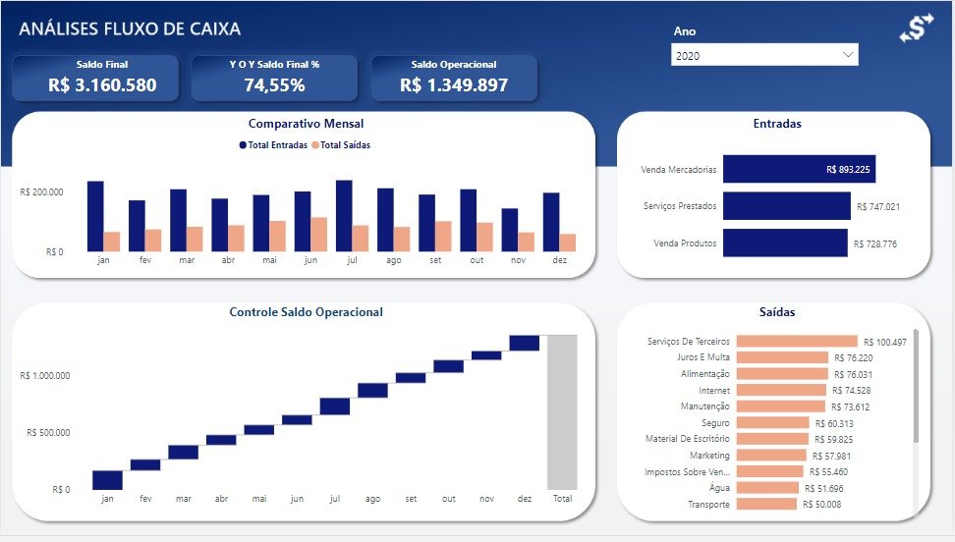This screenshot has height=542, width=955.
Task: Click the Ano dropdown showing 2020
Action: pos(764,56)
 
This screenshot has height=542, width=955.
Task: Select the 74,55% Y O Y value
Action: pos(274,85)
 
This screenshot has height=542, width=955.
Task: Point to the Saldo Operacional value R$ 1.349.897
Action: pos(454,85)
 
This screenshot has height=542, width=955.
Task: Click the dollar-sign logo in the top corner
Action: pos(915,28)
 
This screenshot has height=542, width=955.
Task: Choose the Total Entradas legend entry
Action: pos(273,145)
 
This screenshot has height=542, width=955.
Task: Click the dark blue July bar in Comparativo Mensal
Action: pos(344,215)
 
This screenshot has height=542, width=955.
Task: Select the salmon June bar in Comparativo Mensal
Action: pos(318,234)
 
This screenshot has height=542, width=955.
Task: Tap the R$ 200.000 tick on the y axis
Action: pos(41,192)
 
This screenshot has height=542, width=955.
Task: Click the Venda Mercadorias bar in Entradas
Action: pos(799,169)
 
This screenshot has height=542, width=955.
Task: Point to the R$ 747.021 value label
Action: pos(878,207)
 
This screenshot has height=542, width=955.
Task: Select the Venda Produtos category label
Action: pos(685,244)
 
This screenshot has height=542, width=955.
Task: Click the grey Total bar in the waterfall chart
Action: pos(562,411)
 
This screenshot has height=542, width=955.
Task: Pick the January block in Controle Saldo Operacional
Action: pos(107,479)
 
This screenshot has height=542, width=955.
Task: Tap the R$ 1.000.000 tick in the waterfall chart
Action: pos(48,376)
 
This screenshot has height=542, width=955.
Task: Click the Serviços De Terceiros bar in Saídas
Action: pos(796,342)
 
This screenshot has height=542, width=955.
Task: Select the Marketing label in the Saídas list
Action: pos(709,456)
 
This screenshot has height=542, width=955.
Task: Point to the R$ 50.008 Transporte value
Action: pos(821,505)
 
